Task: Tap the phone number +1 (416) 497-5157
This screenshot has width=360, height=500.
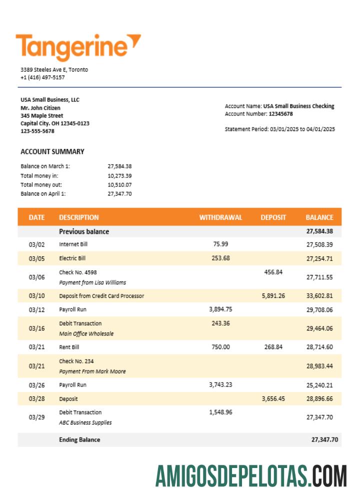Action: tap(42, 77)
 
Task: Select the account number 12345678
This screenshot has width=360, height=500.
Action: tap(280, 114)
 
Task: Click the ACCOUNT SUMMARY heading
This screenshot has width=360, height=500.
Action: tap(52, 151)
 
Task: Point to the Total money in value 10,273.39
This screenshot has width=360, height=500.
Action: tap(119, 175)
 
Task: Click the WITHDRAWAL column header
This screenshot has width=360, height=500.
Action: tap(220, 217)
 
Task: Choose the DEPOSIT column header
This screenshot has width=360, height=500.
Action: tap(273, 217)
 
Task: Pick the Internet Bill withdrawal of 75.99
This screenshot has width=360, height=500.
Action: tap(220, 244)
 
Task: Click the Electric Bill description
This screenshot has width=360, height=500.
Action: tap(72, 258)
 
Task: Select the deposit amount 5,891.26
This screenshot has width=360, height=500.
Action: tap(273, 295)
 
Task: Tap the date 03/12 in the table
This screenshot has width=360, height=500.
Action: tap(36, 309)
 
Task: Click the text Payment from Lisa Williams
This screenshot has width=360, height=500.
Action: tap(92, 282)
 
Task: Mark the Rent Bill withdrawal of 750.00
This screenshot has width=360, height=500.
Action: tap(220, 347)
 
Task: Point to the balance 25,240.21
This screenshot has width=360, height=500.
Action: tap(319, 385)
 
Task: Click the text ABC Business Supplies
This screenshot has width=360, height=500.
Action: tap(85, 422)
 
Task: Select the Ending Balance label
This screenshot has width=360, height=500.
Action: tap(79, 439)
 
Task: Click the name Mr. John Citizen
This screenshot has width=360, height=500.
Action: tap(40, 107)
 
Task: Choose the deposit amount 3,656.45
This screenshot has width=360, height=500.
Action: tap(273, 399)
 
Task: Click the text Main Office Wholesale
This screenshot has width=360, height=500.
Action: tap(86, 333)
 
